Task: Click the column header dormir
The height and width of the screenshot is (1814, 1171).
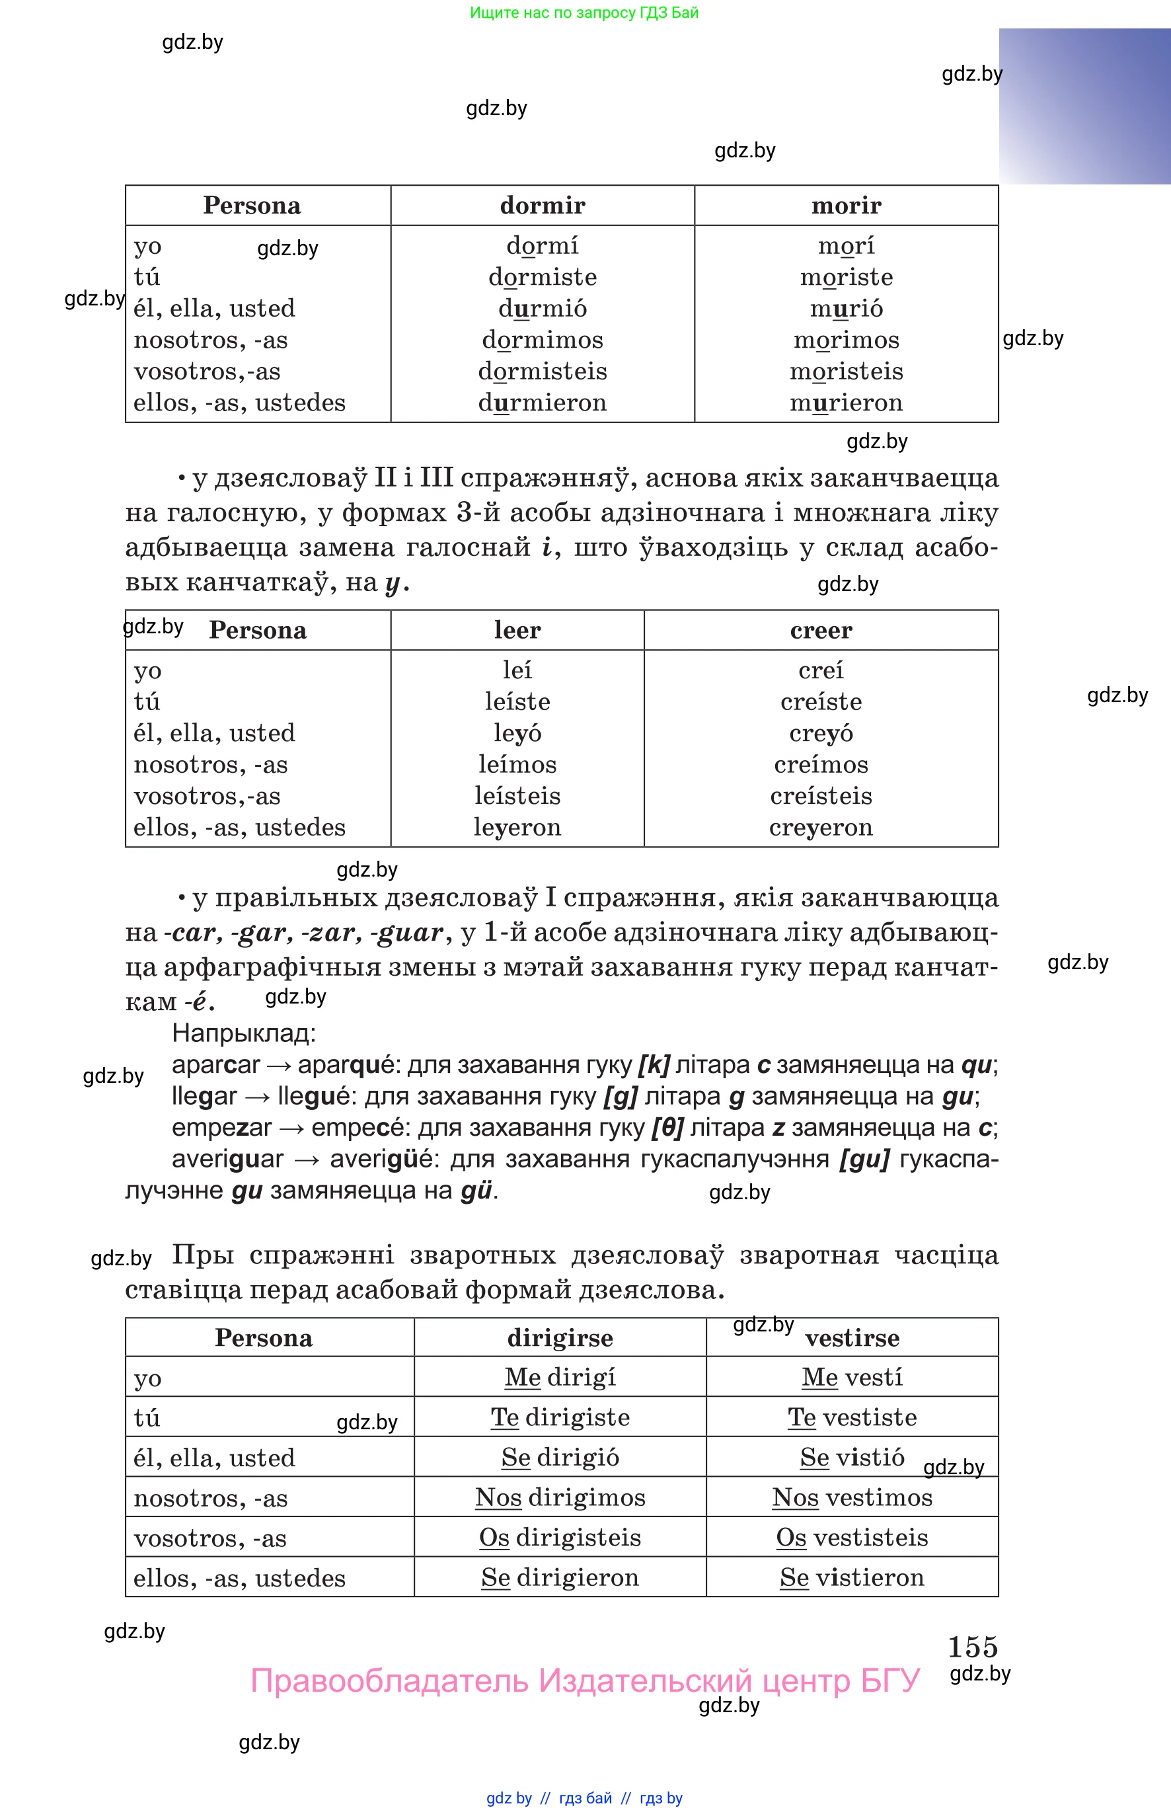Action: click(x=542, y=206)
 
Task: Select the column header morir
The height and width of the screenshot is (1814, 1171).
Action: click(x=846, y=206)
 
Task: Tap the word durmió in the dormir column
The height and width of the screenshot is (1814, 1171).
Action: click(x=542, y=309)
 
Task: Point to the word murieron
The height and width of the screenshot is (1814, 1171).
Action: click(x=846, y=403)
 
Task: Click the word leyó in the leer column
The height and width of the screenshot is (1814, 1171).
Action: click(x=517, y=733)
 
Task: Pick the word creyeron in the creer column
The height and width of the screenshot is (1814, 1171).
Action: click(x=821, y=828)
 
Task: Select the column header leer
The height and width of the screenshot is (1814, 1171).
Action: click(x=517, y=630)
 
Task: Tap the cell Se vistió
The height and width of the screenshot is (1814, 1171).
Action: click(x=852, y=1456)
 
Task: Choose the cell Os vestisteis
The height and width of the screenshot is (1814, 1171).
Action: click(x=852, y=1537)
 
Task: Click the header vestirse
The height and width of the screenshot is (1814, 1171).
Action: click(x=852, y=1338)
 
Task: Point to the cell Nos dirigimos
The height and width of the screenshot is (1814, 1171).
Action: click(x=560, y=1497)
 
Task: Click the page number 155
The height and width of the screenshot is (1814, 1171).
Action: click(x=972, y=1647)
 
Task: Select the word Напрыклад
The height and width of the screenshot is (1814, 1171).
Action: click(x=243, y=1033)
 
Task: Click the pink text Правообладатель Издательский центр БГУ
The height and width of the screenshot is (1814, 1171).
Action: click(x=585, y=1681)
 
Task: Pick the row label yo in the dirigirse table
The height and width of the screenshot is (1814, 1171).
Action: click(x=147, y=1378)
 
